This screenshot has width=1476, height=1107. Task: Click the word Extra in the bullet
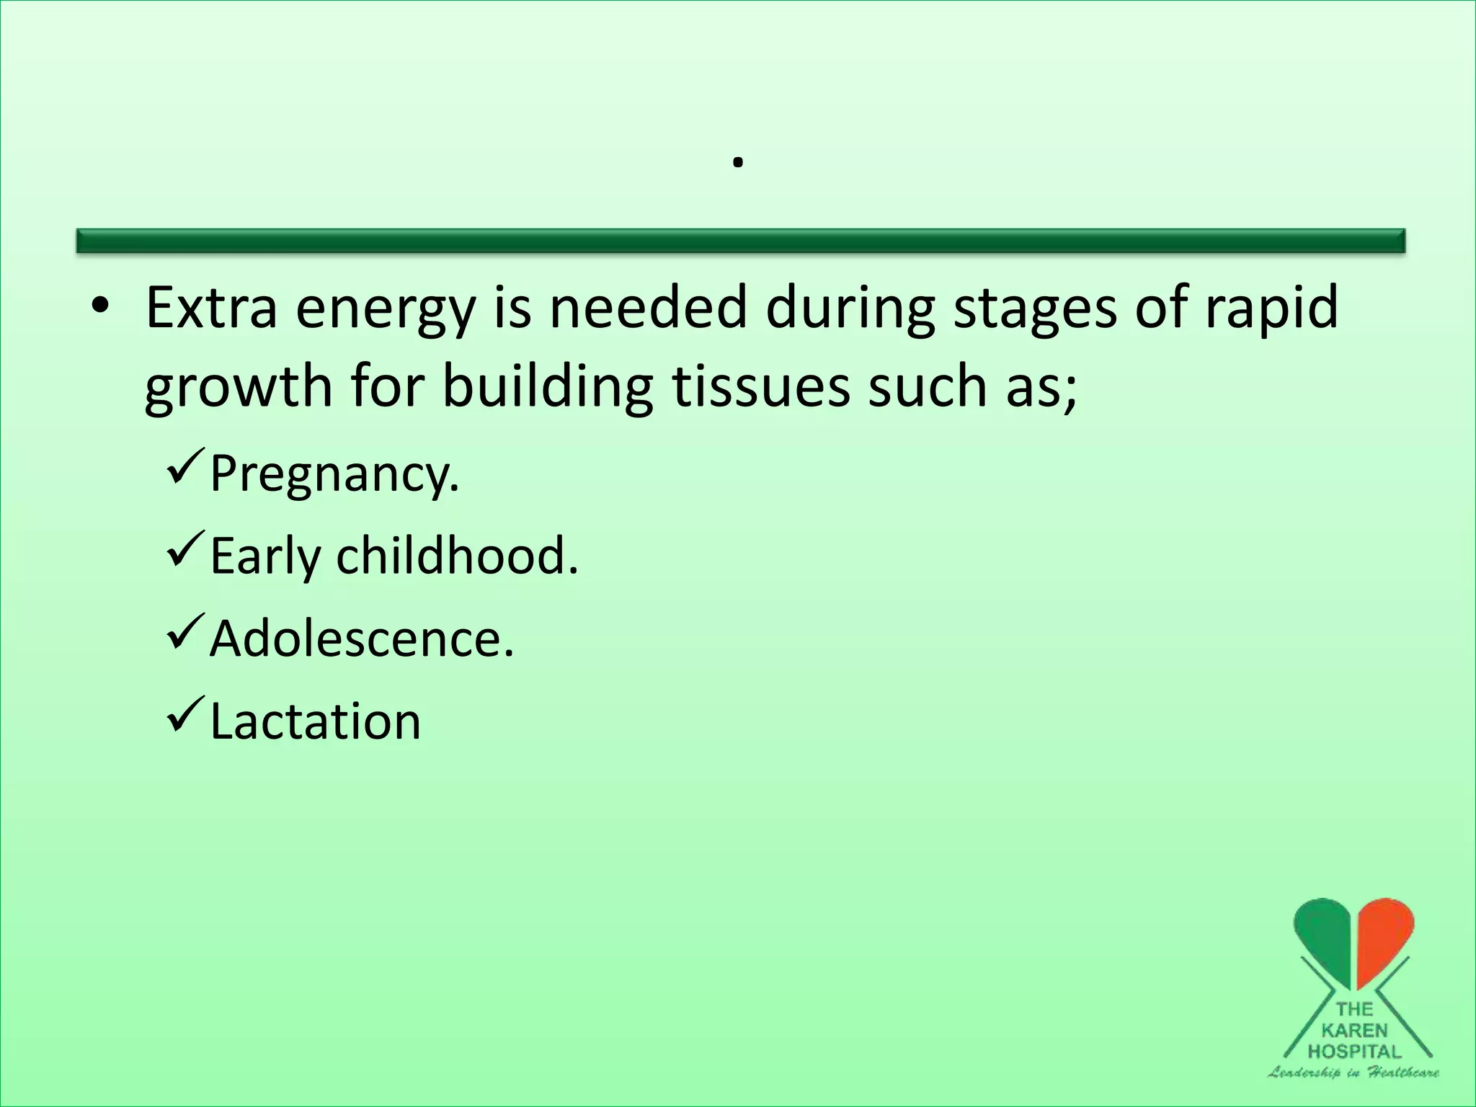[x=211, y=308]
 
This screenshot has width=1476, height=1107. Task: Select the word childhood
[x=457, y=556]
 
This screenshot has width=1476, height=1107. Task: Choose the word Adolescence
[x=362, y=639]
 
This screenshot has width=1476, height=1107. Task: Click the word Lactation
[x=315, y=721]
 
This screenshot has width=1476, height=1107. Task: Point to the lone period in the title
[x=737, y=164]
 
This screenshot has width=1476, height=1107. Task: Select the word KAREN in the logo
[x=1354, y=1031]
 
